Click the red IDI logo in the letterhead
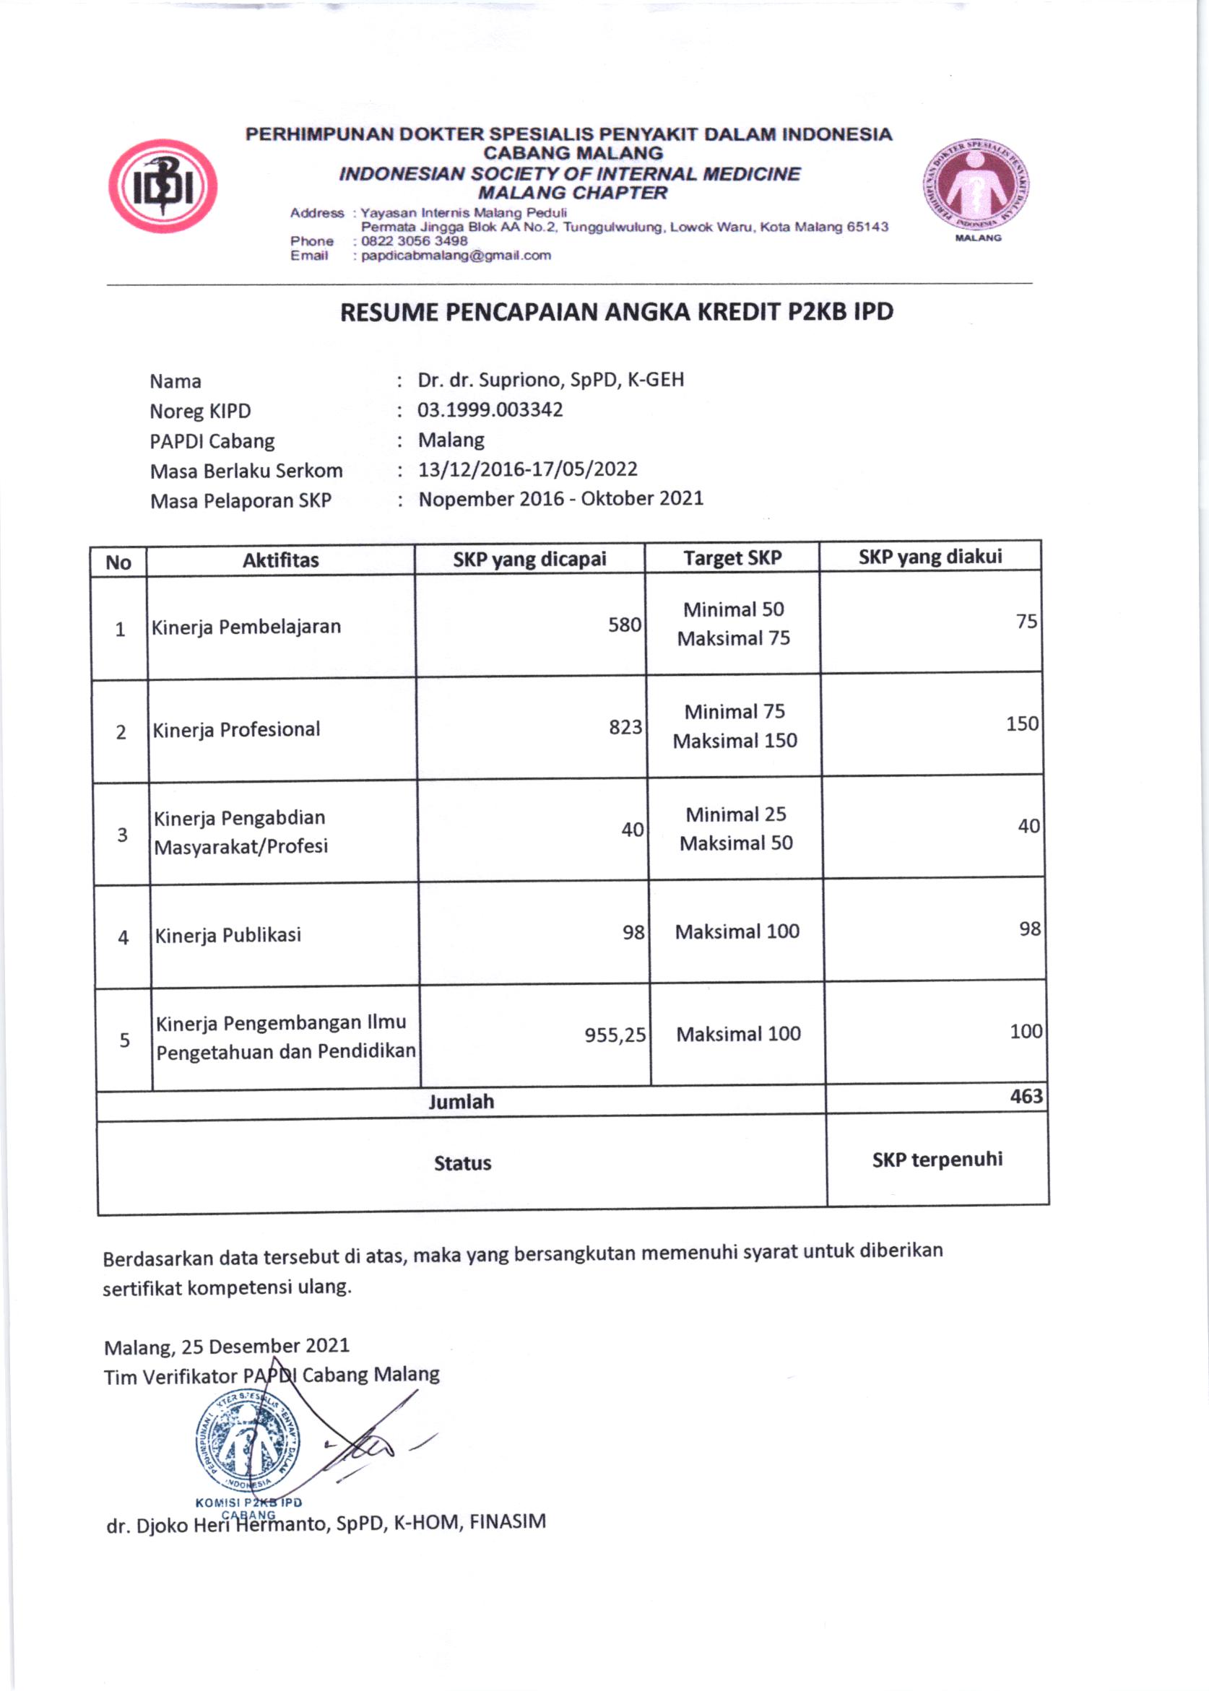[163, 186]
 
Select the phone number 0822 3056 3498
[414, 241]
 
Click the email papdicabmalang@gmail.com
[456, 256]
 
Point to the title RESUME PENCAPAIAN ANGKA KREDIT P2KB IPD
[616, 312]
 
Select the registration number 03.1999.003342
[490, 409]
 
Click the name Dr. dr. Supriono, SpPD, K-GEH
[550, 380]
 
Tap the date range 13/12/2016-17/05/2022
[527, 469]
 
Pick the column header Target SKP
[732, 558]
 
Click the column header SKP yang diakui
[929, 557]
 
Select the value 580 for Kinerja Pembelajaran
[624, 625]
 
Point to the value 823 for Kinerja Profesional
[625, 726]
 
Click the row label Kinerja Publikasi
[227, 935]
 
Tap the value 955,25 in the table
[614, 1035]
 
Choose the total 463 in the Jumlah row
[1026, 1096]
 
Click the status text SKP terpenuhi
[937, 1160]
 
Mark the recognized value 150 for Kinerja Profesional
[1021, 723]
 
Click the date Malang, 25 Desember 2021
[226, 1346]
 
